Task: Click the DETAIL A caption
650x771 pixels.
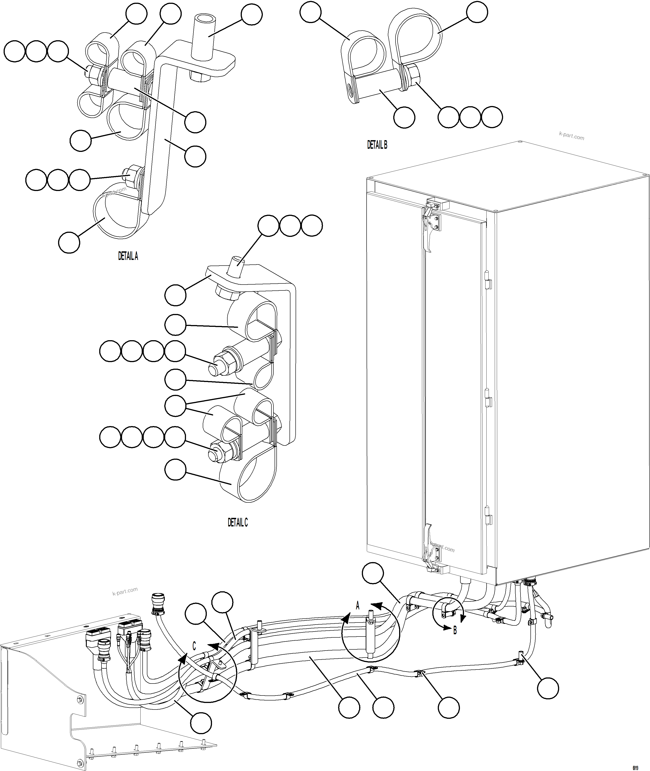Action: (x=128, y=256)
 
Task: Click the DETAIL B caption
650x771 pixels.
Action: (x=377, y=145)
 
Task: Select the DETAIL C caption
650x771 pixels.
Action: (x=238, y=522)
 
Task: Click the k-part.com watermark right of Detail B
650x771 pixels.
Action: (x=572, y=136)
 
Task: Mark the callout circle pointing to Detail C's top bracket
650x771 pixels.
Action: (x=175, y=295)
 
